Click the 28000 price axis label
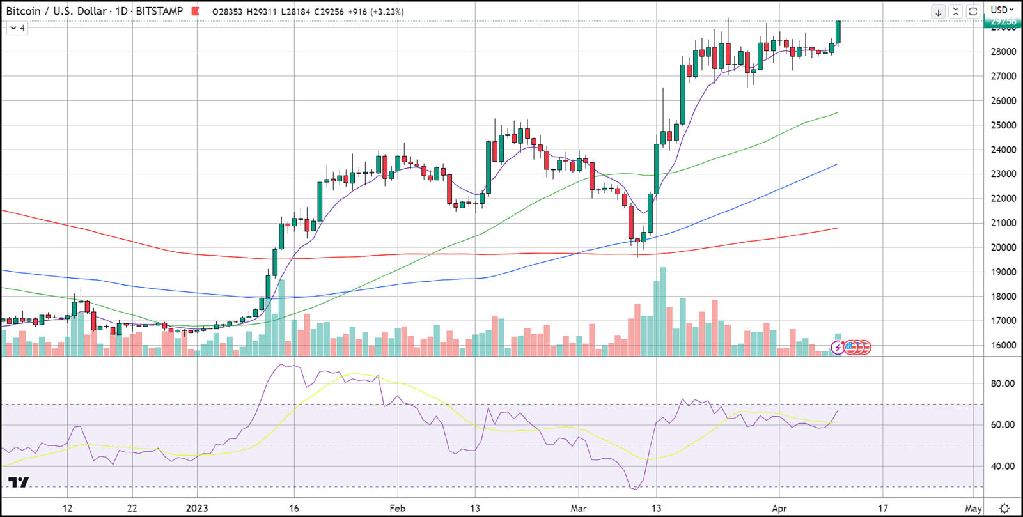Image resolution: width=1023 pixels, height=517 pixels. pyautogui.click(x=1003, y=52)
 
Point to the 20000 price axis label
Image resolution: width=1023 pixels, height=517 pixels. pyautogui.click(x=1003, y=247)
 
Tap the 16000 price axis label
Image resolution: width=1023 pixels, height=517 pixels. pyautogui.click(x=1003, y=345)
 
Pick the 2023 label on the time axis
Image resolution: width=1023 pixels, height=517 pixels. pyautogui.click(x=197, y=508)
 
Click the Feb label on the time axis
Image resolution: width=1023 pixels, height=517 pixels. pyautogui.click(x=397, y=508)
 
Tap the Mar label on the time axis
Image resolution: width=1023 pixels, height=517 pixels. pyautogui.click(x=579, y=508)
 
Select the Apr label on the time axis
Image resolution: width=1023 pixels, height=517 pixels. pyautogui.click(x=779, y=508)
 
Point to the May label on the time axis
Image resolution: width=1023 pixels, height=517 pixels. pyautogui.click(x=973, y=508)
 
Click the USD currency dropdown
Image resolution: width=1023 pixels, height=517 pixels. pyautogui.click(x=1002, y=10)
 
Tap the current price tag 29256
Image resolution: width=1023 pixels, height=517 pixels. pyautogui.click(x=1003, y=22)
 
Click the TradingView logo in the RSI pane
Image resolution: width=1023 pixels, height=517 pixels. pyautogui.click(x=19, y=482)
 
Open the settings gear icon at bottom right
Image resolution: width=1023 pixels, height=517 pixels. pyautogui.click(x=1004, y=508)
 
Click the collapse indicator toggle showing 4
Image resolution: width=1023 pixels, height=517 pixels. pyautogui.click(x=17, y=28)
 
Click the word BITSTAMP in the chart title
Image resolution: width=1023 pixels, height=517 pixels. pyautogui.click(x=159, y=12)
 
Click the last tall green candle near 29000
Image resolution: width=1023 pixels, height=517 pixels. pyautogui.click(x=838, y=32)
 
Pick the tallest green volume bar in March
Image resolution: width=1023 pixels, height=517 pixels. pyautogui.click(x=663, y=311)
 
